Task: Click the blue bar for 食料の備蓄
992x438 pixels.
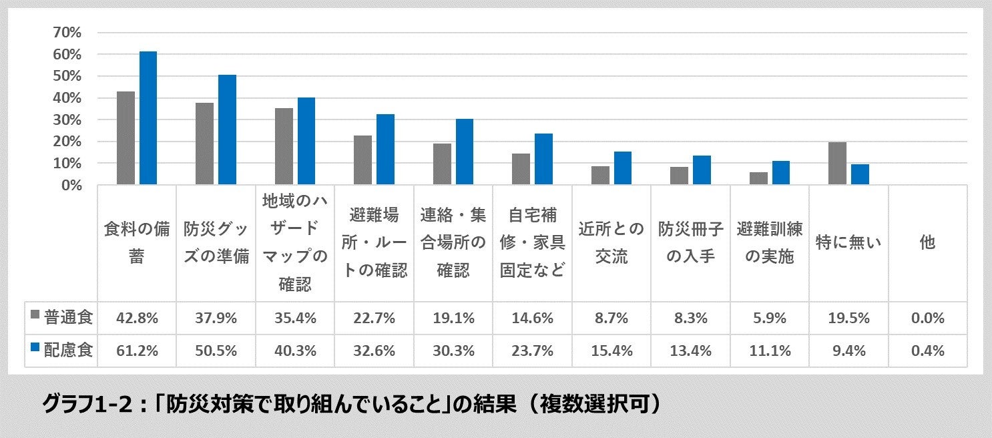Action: pyautogui.click(x=148, y=118)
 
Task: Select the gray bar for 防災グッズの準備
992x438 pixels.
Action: pyautogui.click(x=204, y=143)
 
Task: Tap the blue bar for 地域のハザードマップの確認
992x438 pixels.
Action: pyautogui.click(x=306, y=140)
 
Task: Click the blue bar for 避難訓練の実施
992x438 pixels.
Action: pyautogui.click(x=780, y=172)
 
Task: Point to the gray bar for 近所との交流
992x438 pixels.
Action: pyautogui.click(x=599, y=175)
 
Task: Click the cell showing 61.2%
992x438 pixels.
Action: pyautogui.click(x=137, y=350)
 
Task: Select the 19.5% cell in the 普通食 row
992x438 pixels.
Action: pyautogui.click(x=848, y=318)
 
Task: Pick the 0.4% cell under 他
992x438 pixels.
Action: pyautogui.click(x=927, y=350)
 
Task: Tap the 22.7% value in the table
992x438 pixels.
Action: pyautogui.click(x=375, y=318)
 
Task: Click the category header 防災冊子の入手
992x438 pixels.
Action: pyautogui.click(x=690, y=242)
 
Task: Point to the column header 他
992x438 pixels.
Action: pyautogui.click(x=927, y=242)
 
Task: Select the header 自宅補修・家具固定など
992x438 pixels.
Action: pyautogui.click(x=532, y=242)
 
